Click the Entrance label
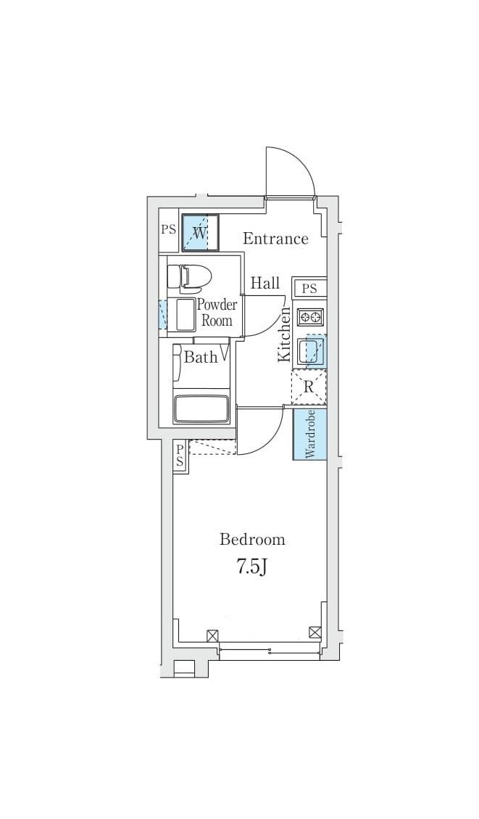(275, 239)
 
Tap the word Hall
(265, 283)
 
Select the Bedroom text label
(252, 539)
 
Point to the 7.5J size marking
(252, 567)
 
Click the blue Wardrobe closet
(310, 434)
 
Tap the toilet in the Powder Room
(188, 277)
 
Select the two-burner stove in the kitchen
(310, 317)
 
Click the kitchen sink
(310, 350)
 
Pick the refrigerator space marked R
(309, 387)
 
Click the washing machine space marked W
(200, 231)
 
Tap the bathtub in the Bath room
(201, 408)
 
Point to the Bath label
(201, 357)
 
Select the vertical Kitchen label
(284, 334)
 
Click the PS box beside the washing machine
(168, 230)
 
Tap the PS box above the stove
(310, 288)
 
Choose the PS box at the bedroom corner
(180, 456)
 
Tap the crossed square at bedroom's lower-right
(315, 633)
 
